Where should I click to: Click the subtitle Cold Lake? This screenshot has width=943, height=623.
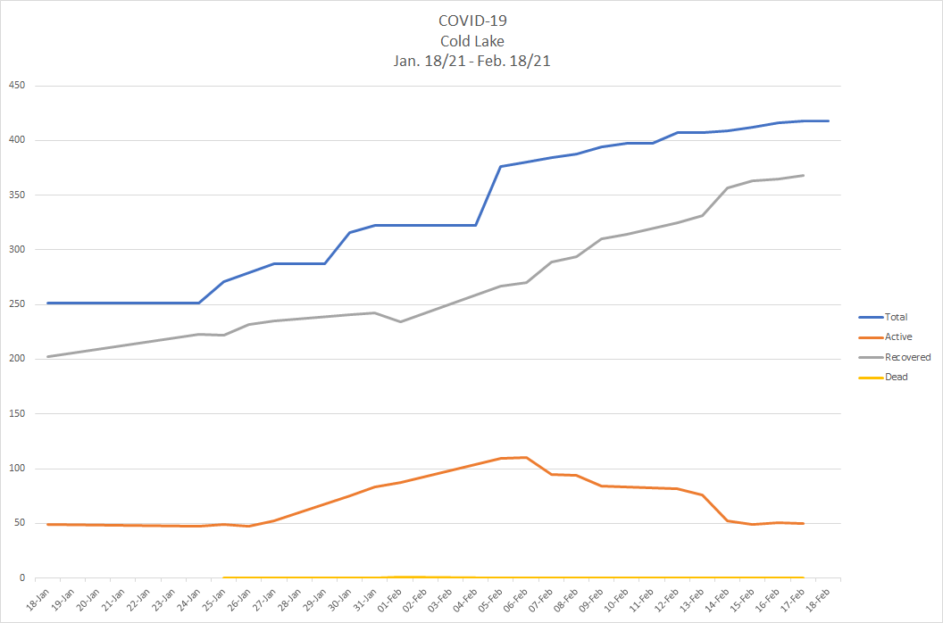[x=471, y=41]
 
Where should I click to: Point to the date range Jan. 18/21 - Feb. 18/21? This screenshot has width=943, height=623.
[x=471, y=61]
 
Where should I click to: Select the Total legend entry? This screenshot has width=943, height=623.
[x=896, y=317]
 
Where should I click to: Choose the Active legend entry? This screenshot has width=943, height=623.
[x=897, y=336]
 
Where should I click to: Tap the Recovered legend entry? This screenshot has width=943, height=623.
[x=906, y=357]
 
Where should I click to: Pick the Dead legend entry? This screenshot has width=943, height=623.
[x=896, y=377]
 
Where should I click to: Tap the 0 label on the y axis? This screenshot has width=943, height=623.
[x=23, y=577]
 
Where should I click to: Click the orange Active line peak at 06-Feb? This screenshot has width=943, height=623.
[x=525, y=457]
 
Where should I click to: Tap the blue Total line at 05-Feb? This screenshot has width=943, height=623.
[x=500, y=166]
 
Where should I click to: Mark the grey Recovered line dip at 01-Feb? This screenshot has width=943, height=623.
[x=400, y=321]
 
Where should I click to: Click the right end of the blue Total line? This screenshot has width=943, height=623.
[x=828, y=120]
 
